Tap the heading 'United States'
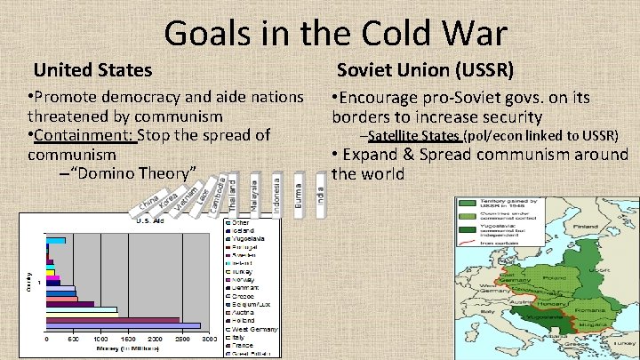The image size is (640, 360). [92, 69]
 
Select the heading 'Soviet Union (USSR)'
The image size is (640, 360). [425, 69]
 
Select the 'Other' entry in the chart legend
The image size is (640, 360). [239, 223]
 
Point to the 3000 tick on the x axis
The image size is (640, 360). [210, 340]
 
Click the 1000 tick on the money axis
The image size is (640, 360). [101, 340]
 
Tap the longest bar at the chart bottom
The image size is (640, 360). [124, 326]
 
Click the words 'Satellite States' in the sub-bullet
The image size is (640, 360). [414, 135]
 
